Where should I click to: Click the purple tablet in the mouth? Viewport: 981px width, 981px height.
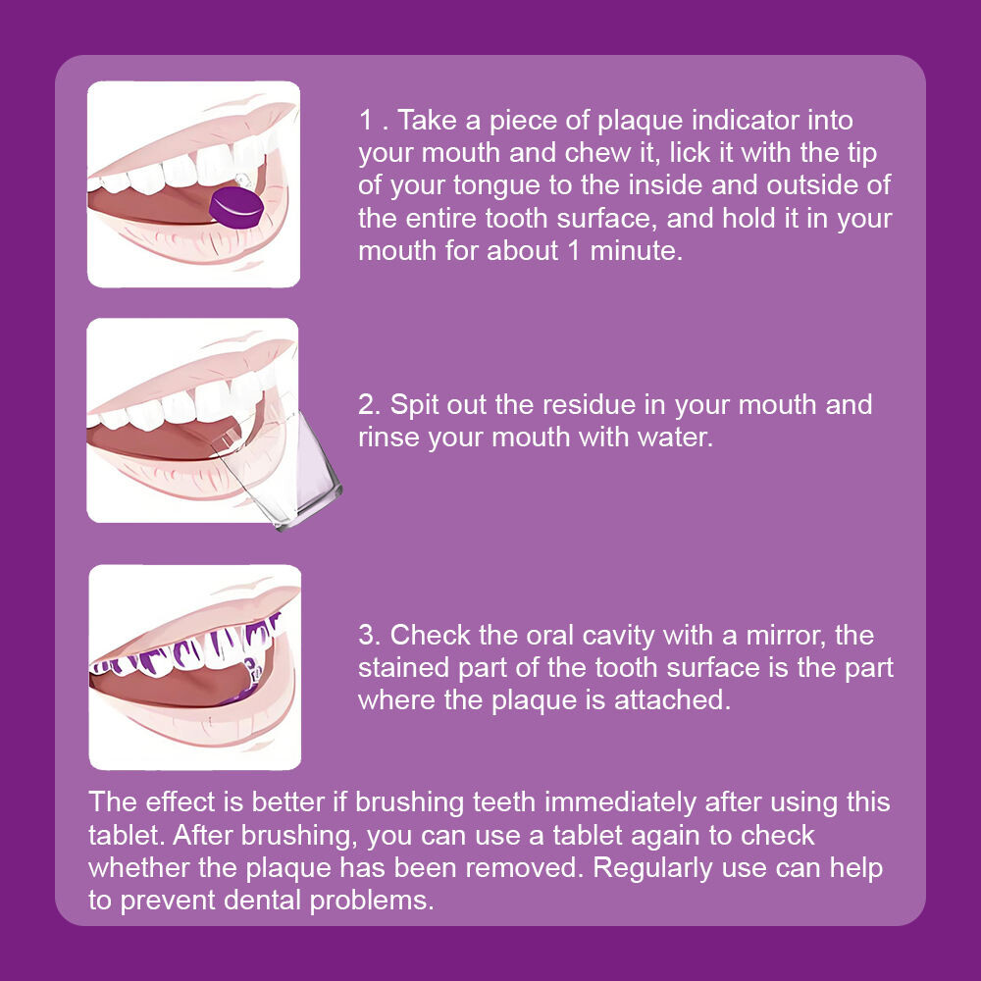[x=236, y=208]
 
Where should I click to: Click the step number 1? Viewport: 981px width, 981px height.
[x=366, y=120]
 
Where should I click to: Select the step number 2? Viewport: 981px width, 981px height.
[x=367, y=405]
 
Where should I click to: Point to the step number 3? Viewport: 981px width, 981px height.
[x=367, y=635]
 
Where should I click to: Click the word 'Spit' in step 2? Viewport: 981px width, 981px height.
[x=413, y=405]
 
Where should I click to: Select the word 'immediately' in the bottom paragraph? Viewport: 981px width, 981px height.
[x=620, y=803]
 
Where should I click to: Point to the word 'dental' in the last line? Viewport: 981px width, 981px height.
[x=263, y=901]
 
